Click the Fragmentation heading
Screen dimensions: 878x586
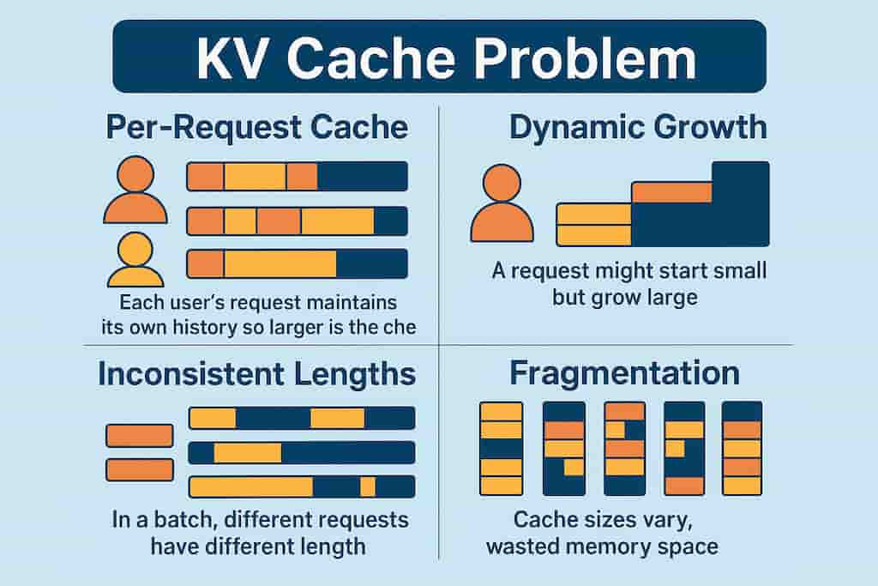(624, 373)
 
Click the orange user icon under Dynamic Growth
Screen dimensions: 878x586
(502, 203)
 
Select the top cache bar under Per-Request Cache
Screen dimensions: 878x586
(297, 177)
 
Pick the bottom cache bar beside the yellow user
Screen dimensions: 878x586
(297, 264)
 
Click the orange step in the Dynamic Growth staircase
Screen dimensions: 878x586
(671, 192)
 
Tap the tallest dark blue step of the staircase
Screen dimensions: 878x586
(740, 203)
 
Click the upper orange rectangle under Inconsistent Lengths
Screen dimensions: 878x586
(140, 435)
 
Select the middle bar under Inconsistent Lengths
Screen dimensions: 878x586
(302, 453)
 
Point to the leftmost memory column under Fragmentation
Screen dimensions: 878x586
(501, 449)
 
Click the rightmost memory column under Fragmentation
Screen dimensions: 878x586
(742, 448)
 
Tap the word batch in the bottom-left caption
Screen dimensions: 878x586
(185, 519)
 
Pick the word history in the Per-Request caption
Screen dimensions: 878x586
(207, 327)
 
